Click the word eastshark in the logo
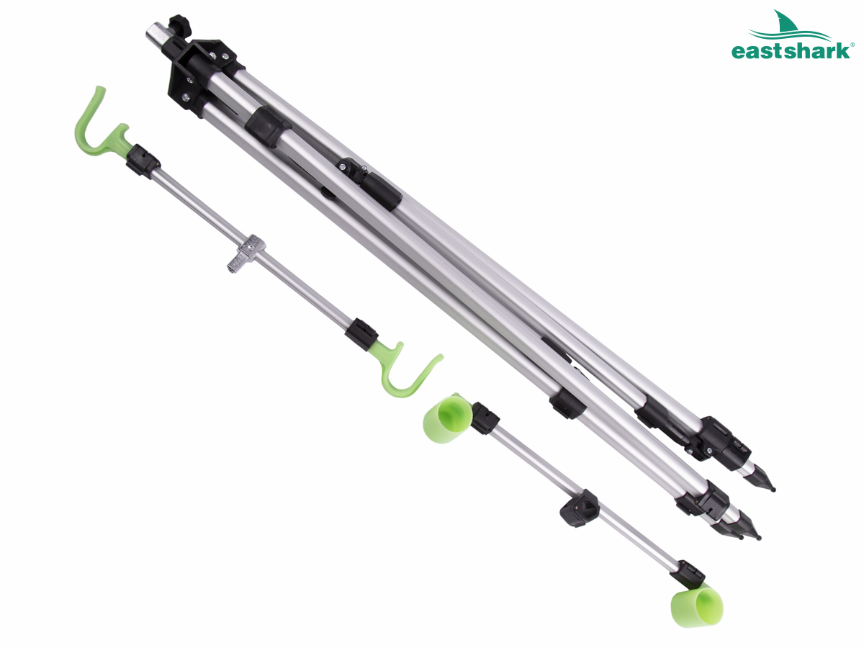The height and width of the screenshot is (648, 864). (790, 52)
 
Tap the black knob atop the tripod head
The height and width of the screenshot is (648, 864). (180, 27)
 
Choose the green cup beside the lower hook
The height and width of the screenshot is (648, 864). (448, 418)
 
